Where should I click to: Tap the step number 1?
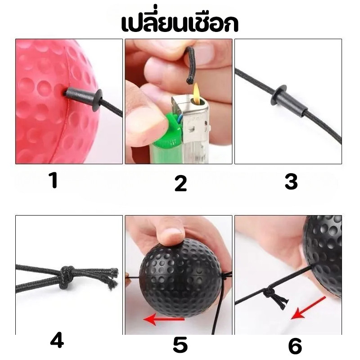point(54,180)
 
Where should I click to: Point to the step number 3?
point(291,182)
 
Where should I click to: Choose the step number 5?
point(180,345)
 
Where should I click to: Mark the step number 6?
point(295,346)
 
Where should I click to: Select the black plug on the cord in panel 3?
point(288,99)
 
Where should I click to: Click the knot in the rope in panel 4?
point(67,277)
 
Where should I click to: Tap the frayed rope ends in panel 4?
point(113,278)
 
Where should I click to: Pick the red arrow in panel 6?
point(308,308)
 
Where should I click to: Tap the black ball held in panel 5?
point(181,277)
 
